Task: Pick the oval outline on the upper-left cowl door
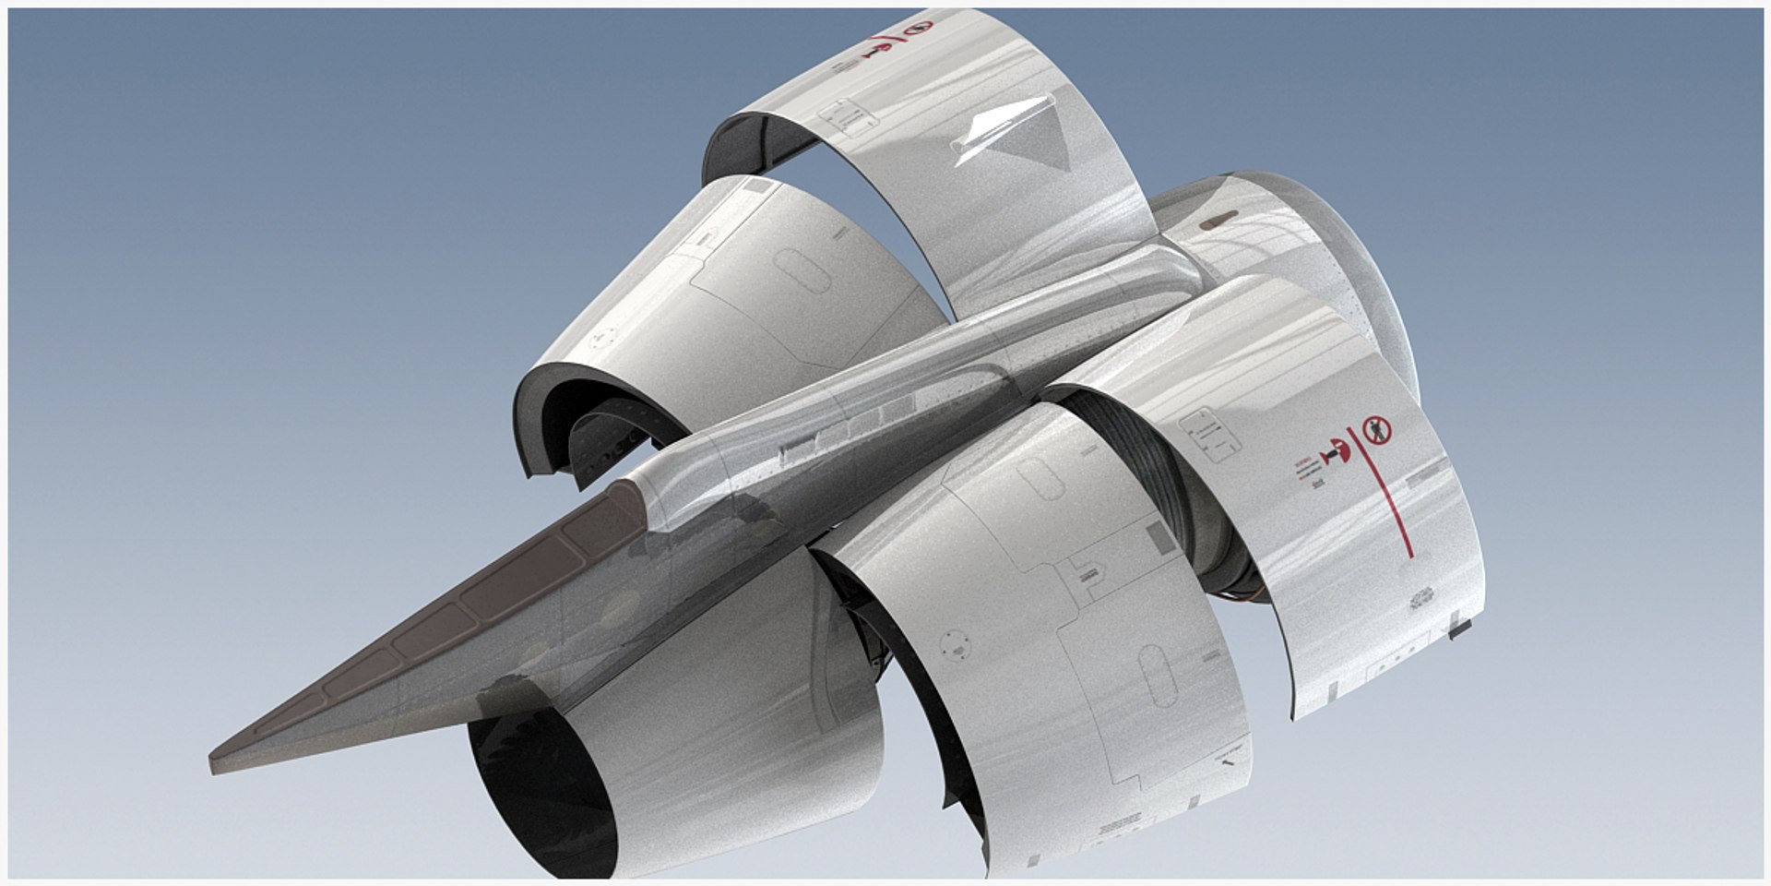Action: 799,271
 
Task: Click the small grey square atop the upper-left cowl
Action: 758,188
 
